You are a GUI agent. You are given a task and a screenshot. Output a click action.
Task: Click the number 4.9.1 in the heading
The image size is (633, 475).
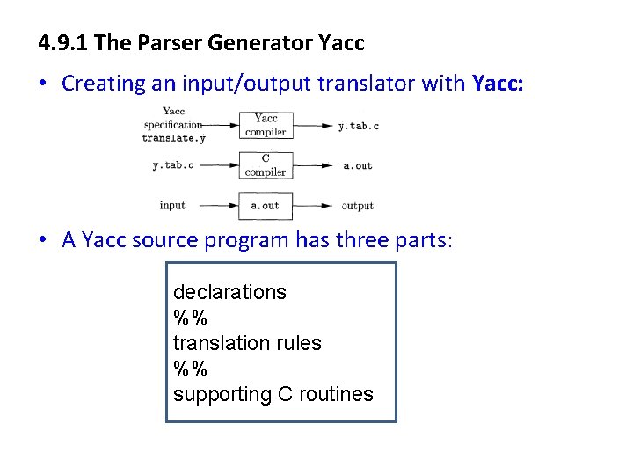tap(62, 42)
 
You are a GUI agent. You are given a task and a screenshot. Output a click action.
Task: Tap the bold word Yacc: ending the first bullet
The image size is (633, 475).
tap(498, 84)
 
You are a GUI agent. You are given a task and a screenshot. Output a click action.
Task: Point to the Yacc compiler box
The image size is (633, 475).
tap(266, 125)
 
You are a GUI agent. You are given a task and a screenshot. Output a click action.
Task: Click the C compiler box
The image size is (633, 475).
tap(266, 165)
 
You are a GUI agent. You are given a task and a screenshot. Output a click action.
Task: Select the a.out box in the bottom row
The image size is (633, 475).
tap(266, 206)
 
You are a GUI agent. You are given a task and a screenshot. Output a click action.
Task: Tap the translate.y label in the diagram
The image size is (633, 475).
tap(173, 138)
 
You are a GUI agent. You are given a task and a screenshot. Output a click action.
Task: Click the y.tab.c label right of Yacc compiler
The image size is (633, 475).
tap(359, 127)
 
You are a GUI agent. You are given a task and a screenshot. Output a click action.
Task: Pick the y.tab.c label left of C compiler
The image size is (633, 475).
tap(171, 165)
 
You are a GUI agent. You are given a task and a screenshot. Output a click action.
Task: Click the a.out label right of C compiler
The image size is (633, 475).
tap(357, 165)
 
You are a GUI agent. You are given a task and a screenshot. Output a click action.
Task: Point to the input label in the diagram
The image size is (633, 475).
tap(172, 205)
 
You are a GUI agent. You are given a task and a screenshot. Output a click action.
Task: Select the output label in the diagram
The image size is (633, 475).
tap(357, 206)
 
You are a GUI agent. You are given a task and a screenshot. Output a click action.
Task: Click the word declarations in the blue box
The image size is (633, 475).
tap(229, 292)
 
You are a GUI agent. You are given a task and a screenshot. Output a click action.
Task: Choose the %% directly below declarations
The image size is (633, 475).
tap(190, 318)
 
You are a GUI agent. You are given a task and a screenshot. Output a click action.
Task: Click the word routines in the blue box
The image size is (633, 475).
tap(337, 394)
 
